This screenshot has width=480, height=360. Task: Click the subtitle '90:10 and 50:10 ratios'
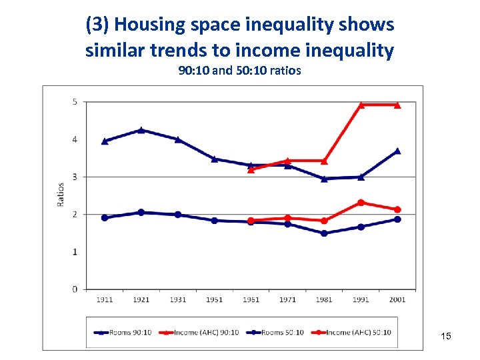point(239,70)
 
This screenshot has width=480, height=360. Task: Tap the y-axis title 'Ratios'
point(61,195)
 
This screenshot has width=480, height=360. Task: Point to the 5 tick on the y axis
point(75,102)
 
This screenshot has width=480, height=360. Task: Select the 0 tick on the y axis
point(75,289)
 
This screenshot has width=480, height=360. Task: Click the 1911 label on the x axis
point(104,299)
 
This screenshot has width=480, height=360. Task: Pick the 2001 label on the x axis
point(397,299)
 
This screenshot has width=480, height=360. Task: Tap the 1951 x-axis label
point(214,299)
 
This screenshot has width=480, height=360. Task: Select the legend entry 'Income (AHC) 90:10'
point(206,332)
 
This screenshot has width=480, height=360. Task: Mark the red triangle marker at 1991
point(361,105)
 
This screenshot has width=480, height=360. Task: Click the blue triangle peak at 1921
point(141,130)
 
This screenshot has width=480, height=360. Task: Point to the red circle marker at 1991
point(361,203)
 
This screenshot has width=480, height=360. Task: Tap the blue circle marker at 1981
point(324,233)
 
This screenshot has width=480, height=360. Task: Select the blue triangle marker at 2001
point(397,151)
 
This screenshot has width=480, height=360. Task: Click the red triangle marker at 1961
point(251,169)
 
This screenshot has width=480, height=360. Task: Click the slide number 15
point(446,336)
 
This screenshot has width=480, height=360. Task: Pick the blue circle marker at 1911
point(104,218)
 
